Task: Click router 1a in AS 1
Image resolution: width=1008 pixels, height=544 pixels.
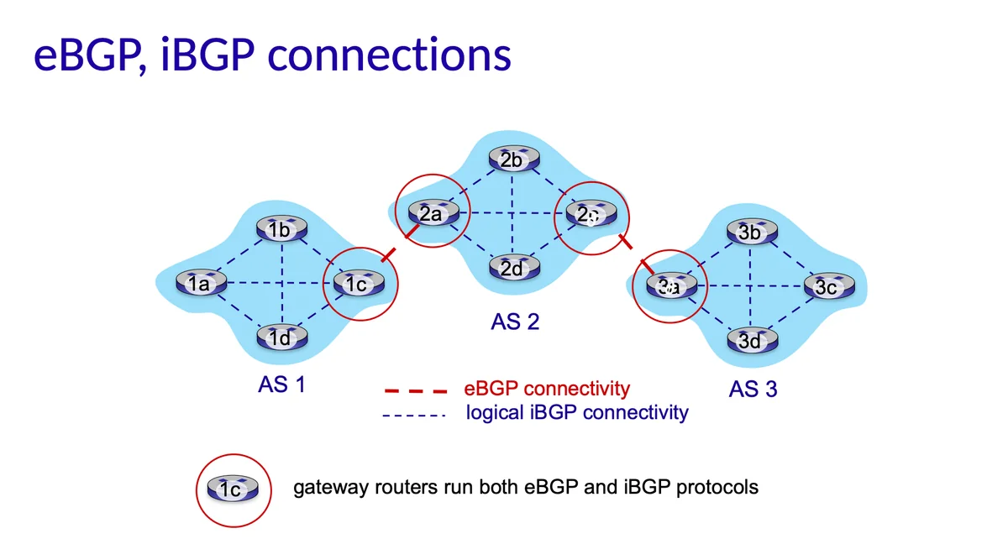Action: point(198,284)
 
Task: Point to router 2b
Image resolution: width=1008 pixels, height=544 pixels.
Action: point(512,160)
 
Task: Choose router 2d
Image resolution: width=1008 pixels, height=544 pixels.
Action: point(513,268)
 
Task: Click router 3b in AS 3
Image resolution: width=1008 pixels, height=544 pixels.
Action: point(749,232)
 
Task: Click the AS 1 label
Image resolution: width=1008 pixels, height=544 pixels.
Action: point(281,385)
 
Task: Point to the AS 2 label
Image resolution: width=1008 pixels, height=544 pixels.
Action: point(515,322)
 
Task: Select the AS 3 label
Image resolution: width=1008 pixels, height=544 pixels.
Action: point(753,390)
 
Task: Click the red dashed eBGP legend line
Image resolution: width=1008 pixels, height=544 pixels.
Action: point(415,390)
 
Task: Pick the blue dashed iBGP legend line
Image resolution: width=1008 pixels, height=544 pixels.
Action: point(413,415)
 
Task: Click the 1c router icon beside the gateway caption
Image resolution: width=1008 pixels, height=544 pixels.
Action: point(233,488)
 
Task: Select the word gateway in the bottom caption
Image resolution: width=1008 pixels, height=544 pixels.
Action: point(327,487)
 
